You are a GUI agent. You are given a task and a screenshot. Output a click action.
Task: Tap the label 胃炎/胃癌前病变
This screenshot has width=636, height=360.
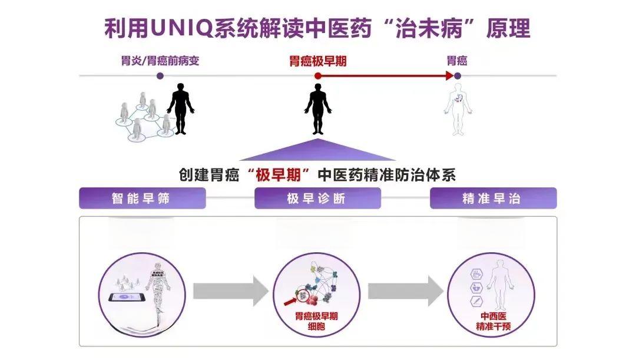click(160, 61)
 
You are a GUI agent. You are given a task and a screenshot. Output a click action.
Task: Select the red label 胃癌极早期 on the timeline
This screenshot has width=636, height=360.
click(317, 61)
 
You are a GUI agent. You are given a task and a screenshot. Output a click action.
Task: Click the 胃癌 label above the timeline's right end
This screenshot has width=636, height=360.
click(457, 61)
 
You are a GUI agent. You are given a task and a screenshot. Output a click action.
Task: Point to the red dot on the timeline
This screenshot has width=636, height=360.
click(318, 76)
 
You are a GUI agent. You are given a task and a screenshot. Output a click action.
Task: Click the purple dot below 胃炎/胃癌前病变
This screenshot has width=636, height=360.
click(160, 76)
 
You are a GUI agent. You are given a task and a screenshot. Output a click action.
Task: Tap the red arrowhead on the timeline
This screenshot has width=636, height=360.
click(449, 75)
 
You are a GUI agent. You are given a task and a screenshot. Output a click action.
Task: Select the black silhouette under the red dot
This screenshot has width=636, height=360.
click(318, 109)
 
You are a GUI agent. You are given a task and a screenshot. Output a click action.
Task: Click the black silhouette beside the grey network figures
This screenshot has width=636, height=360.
click(180, 108)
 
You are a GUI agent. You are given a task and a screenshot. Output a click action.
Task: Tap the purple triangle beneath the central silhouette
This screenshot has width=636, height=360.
click(319, 150)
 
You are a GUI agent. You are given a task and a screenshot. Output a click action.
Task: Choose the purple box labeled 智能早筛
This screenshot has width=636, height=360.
click(142, 199)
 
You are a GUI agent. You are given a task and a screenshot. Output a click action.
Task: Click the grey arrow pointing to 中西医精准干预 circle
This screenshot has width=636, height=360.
click(406, 290)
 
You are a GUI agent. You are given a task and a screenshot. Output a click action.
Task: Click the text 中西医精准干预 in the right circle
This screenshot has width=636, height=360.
click(493, 322)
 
